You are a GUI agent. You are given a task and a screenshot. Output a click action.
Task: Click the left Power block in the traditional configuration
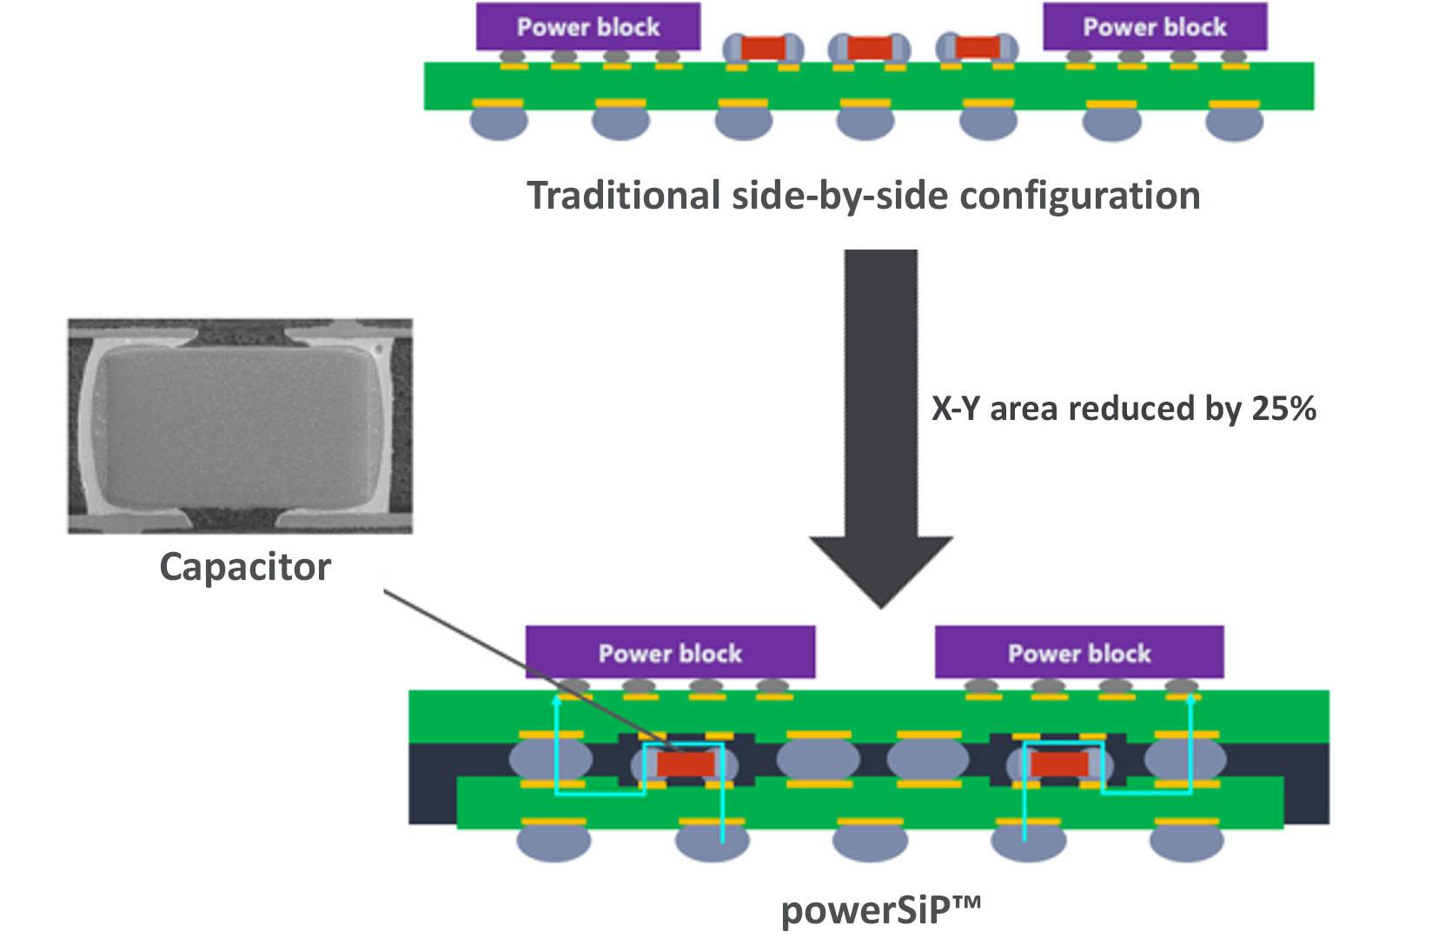588,27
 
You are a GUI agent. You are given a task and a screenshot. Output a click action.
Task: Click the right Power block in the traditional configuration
1154,27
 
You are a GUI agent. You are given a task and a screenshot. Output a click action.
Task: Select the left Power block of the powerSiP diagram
670,652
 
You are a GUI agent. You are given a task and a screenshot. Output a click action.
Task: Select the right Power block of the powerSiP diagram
1079,652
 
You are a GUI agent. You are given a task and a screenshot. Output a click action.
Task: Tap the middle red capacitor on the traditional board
868,48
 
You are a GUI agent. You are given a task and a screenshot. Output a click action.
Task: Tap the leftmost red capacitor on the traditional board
762,48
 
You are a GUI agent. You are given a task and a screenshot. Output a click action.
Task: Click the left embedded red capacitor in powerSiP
686,764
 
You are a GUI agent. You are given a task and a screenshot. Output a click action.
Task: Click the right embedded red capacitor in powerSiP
1058,764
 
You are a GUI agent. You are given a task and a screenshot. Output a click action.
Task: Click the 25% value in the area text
1283,409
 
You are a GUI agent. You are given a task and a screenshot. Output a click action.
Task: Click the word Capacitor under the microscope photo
245,568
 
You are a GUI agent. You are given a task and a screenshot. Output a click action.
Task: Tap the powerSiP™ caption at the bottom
880,910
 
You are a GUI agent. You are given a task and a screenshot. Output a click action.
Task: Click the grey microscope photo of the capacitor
240,426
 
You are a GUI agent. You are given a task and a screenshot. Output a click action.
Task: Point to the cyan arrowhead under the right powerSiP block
1190,700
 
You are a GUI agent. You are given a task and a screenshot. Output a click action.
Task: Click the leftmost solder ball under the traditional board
498,123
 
